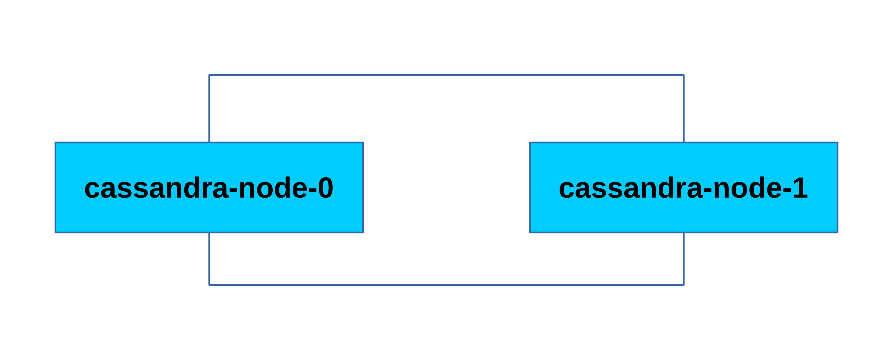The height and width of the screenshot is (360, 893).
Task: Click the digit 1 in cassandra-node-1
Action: click(x=800, y=188)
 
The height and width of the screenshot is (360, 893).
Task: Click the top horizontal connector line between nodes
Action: click(x=446, y=75)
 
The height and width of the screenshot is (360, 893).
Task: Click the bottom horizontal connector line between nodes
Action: click(x=446, y=285)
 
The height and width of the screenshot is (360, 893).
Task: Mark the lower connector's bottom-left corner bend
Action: click(x=209, y=285)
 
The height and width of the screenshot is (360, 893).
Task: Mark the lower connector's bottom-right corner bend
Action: click(x=684, y=285)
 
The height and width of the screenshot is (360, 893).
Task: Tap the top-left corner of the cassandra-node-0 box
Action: click(x=56, y=143)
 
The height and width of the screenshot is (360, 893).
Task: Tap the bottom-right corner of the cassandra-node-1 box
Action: click(x=837, y=232)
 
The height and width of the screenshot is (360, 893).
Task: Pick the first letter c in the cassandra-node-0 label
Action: click(x=92, y=189)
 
